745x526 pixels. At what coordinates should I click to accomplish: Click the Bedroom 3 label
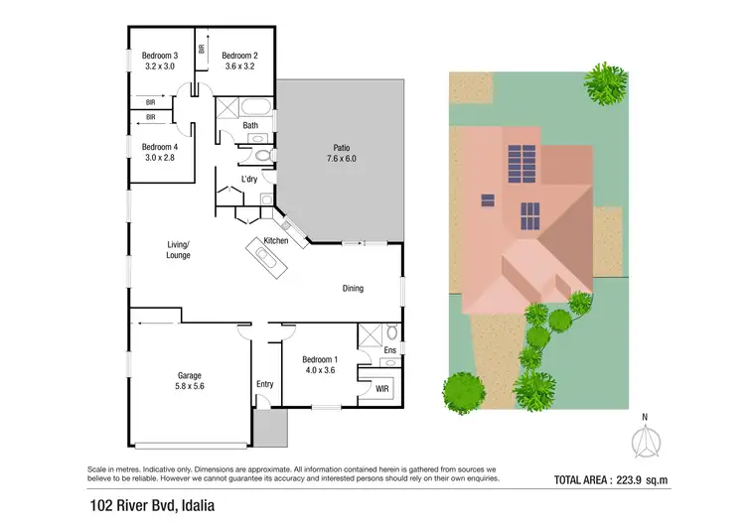160,56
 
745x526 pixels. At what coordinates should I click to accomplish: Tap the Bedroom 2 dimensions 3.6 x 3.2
239,67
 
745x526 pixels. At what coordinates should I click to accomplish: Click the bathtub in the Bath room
252,107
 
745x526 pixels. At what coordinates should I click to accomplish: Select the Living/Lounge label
178,249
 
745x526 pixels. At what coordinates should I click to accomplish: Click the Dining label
353,289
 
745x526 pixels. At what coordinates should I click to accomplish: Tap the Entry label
264,384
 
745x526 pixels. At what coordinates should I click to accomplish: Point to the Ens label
388,350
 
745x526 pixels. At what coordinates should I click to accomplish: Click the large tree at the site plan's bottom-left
464,392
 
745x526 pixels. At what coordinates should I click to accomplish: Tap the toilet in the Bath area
262,155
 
